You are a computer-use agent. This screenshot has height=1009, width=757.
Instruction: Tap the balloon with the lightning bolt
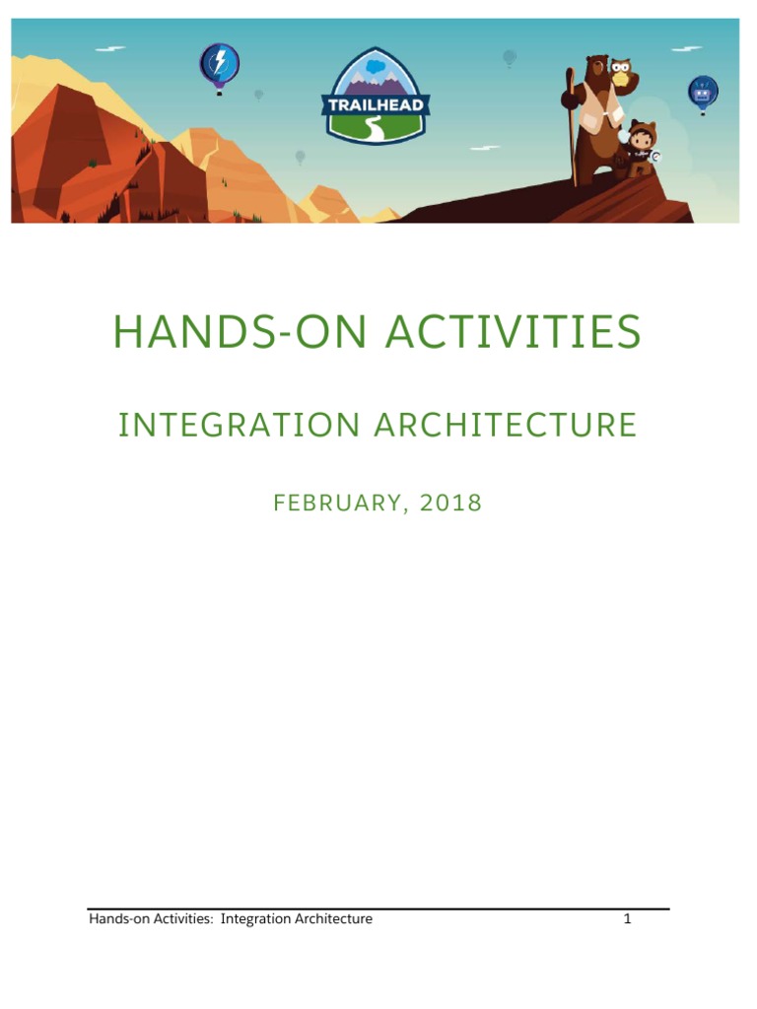click(219, 65)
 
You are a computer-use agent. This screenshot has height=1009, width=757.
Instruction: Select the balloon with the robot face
click(703, 94)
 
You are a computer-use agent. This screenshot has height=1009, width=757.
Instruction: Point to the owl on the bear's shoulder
click(620, 72)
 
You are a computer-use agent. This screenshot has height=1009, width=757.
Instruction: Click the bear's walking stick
click(571, 128)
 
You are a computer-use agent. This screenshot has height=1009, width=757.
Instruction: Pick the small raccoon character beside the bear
click(642, 149)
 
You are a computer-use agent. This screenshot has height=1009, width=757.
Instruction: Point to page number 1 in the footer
click(627, 919)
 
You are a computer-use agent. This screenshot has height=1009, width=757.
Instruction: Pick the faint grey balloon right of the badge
click(510, 58)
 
